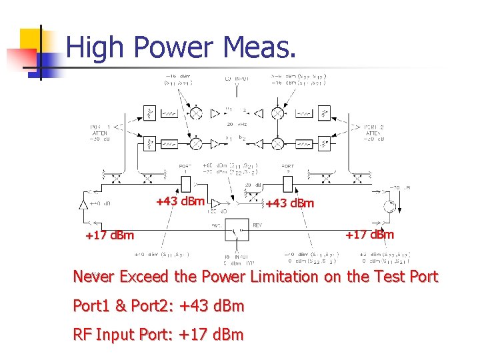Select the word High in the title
tap(97, 48)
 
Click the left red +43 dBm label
tap(180, 201)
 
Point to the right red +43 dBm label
tap(289, 203)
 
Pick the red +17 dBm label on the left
tap(109, 235)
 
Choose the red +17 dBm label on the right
tap(369, 235)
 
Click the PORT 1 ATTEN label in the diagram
tap(101, 131)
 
